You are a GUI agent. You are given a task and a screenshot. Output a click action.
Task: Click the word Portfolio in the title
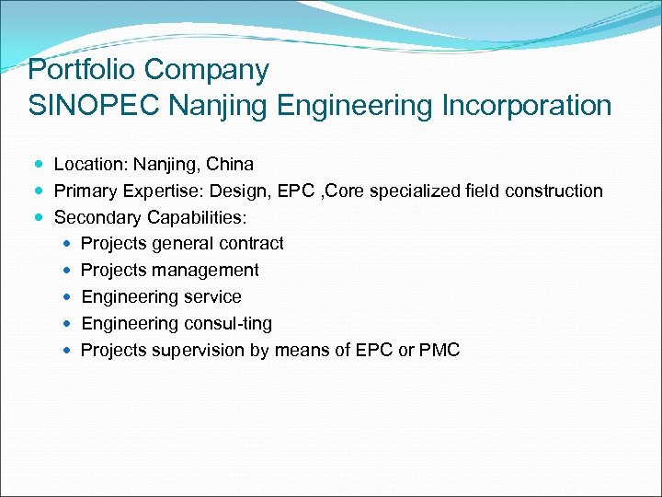tap(83, 70)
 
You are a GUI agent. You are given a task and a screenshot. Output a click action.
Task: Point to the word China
tap(230, 165)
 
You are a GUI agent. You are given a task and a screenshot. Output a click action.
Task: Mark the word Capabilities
tap(196, 218)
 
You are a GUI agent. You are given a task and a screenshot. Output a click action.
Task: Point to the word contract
tap(250, 244)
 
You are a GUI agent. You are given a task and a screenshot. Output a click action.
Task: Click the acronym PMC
tap(439, 351)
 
